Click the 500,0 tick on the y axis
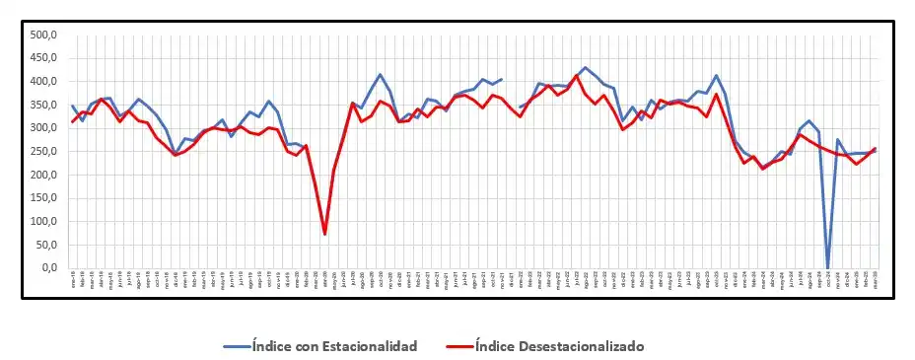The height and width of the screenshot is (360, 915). (45, 35)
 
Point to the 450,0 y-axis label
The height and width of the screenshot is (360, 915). (45, 58)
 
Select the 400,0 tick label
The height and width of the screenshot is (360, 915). (45, 81)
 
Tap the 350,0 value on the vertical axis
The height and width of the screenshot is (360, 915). (45, 105)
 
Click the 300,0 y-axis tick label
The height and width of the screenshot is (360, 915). (45, 128)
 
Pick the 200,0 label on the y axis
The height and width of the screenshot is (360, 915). (45, 175)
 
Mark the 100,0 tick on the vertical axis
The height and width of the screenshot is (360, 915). (45, 221)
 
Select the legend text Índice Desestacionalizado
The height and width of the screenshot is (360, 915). (559, 345)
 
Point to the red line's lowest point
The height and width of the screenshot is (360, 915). (324, 234)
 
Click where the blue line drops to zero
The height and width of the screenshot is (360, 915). (827, 267)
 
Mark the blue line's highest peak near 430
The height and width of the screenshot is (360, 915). (585, 68)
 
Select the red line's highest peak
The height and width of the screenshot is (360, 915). (577, 75)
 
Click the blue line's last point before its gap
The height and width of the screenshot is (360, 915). (502, 79)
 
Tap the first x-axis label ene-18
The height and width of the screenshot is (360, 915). (72, 282)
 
